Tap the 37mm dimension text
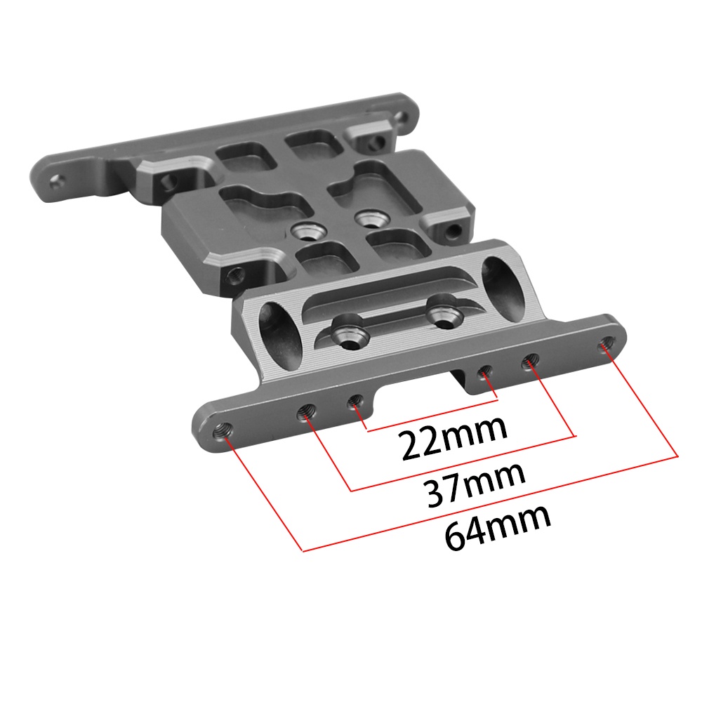tap(476, 484)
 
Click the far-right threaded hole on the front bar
tap(607, 345)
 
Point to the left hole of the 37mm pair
tap(306, 411)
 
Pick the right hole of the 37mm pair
tap(530, 360)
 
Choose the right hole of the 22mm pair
tap(484, 371)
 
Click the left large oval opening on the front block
tap(280, 334)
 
